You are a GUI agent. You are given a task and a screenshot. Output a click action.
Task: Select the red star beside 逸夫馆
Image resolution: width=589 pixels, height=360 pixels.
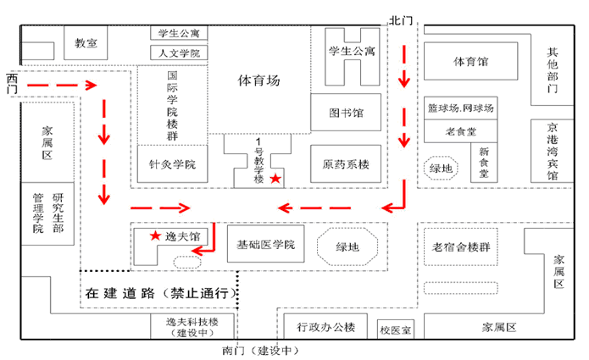155,235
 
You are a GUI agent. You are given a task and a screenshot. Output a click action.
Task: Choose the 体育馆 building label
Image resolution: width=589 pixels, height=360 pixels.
471,62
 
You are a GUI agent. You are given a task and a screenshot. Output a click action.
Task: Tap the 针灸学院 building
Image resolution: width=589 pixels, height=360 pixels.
173,163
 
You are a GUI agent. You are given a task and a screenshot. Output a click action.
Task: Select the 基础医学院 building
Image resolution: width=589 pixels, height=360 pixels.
265,245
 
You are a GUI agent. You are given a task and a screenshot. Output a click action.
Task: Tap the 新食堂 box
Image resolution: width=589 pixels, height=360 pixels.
484,162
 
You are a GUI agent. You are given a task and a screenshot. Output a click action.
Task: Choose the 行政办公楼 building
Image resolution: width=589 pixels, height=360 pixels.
325,327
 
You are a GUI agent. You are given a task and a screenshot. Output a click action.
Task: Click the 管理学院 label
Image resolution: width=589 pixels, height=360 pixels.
37,213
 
